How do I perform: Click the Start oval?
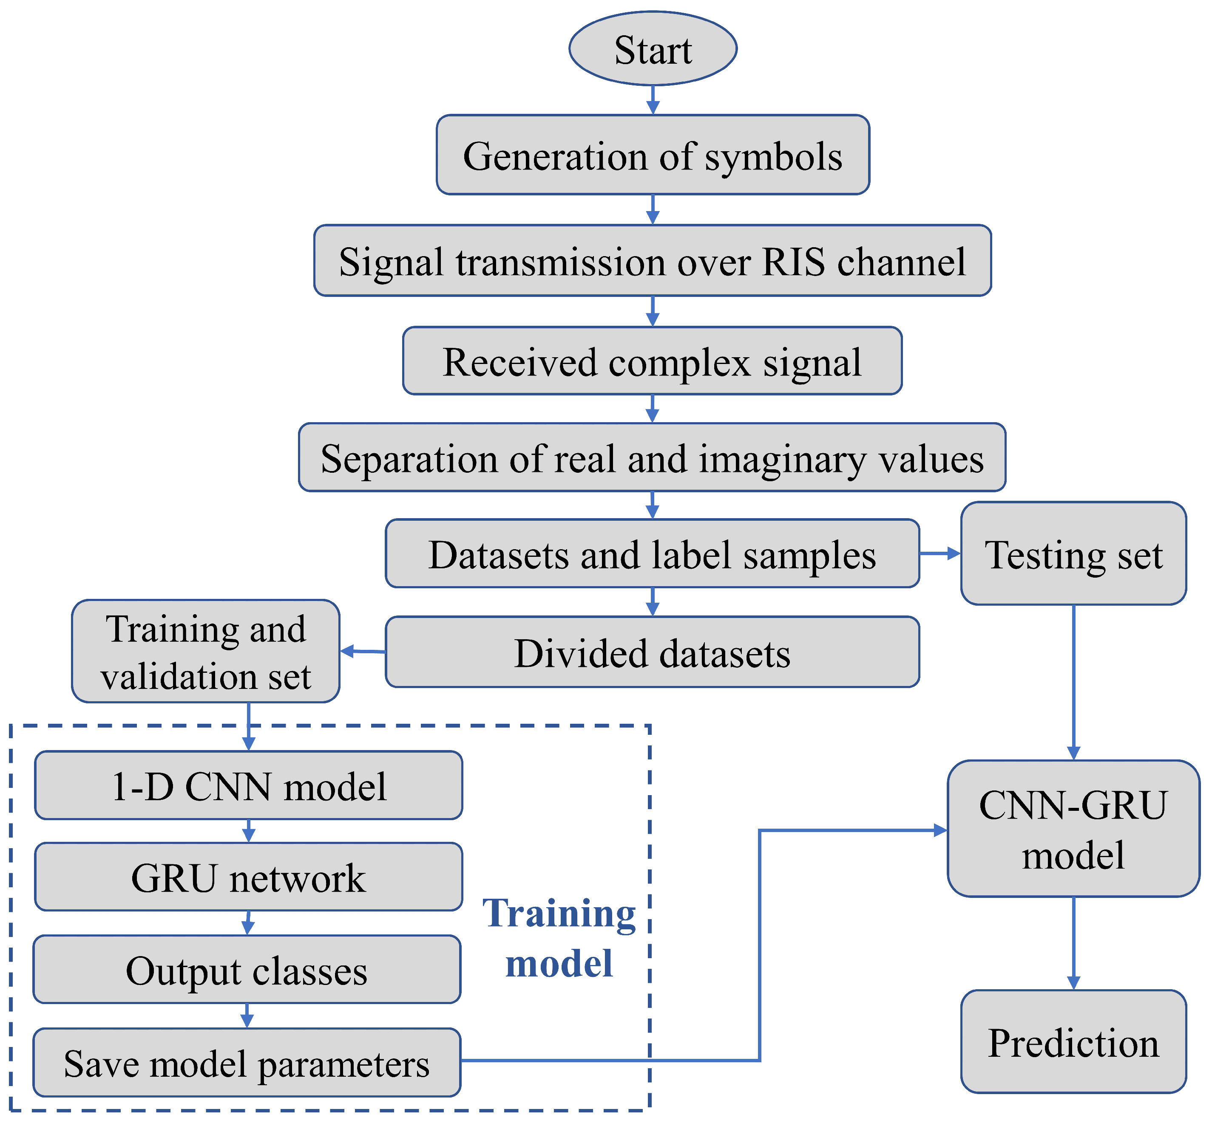pos(653,48)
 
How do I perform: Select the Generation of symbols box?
pos(653,155)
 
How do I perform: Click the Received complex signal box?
pos(652,361)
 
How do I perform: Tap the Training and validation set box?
pos(206,652)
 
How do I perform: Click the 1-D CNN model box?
pos(248,786)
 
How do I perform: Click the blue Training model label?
pos(559,938)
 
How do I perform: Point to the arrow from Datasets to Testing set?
pos(940,553)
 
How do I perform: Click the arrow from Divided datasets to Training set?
pos(363,652)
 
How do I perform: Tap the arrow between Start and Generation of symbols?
pos(653,100)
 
